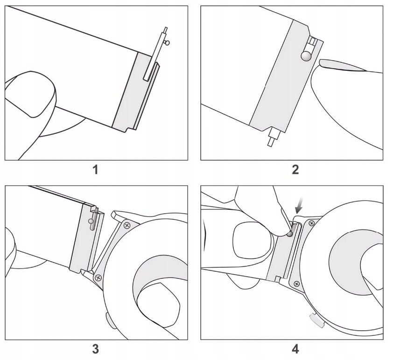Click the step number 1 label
(x=96, y=169)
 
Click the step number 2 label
(x=295, y=169)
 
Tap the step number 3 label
(x=96, y=349)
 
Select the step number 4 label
(x=295, y=349)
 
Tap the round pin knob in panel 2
(x=306, y=56)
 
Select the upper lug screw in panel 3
(x=126, y=226)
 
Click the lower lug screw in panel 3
(x=98, y=278)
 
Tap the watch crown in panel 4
(x=315, y=320)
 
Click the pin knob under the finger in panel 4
(x=290, y=234)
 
